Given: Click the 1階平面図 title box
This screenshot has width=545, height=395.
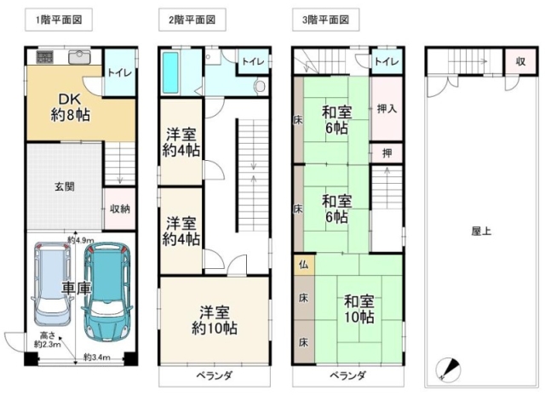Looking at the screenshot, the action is pyautogui.click(x=59, y=20).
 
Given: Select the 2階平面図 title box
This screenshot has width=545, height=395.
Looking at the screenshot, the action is pyautogui.click(x=192, y=20).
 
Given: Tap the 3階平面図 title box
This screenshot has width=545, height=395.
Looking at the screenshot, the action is pyautogui.click(x=325, y=20).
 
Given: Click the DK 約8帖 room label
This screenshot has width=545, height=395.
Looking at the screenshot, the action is pyautogui.click(x=71, y=107).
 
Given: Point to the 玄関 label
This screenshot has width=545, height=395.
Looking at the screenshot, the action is pyautogui.click(x=65, y=186).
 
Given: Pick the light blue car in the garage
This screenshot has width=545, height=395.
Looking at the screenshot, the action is pyautogui.click(x=51, y=283).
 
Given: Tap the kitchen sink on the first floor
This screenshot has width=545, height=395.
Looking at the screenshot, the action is pyautogui.click(x=79, y=57).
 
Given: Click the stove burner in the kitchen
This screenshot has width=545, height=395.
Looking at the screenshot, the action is pyautogui.click(x=45, y=57).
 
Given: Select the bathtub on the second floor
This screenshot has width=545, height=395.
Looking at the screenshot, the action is pyautogui.click(x=170, y=72).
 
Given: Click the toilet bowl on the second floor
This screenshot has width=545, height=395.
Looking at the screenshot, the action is pyautogui.click(x=259, y=86).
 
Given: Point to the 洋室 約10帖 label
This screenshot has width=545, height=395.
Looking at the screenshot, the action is pyautogui.click(x=215, y=320).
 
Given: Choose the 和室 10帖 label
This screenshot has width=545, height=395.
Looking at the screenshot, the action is pyautogui.click(x=359, y=309).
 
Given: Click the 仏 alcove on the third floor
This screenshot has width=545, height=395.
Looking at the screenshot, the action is pyautogui.click(x=304, y=265).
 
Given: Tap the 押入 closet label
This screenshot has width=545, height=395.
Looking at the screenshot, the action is pyautogui.click(x=387, y=109).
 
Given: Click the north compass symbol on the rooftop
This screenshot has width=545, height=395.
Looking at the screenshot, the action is pyautogui.click(x=448, y=369).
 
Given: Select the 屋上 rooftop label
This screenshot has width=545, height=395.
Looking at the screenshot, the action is pyautogui.click(x=481, y=232).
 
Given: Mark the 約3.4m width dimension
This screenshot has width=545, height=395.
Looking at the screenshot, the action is pyautogui.click(x=97, y=358).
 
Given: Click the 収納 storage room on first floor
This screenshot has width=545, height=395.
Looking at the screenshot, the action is pyautogui.click(x=119, y=209).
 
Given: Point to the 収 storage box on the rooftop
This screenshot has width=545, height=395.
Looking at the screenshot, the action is pyautogui.click(x=520, y=61).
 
